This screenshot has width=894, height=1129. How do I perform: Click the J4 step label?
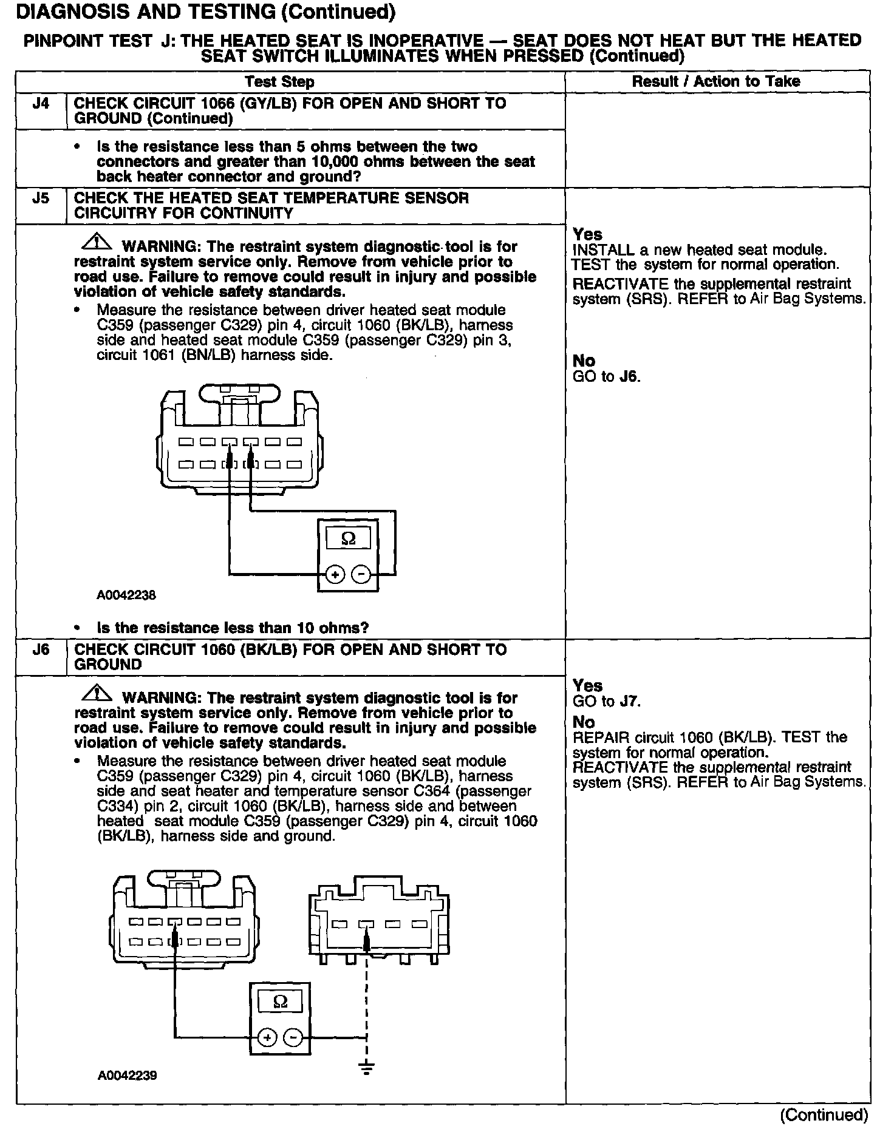[x=40, y=103]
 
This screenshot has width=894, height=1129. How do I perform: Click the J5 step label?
[x=40, y=198]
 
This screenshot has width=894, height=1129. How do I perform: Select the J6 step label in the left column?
[x=40, y=649]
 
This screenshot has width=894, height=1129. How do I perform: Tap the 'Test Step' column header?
[x=279, y=82]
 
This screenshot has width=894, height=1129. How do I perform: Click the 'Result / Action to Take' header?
[x=716, y=81]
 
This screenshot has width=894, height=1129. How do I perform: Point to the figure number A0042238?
[x=126, y=595]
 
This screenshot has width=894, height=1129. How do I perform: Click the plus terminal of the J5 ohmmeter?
[x=335, y=574]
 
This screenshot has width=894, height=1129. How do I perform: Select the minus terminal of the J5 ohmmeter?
[x=361, y=574]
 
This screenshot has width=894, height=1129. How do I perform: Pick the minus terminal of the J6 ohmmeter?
[x=294, y=1038]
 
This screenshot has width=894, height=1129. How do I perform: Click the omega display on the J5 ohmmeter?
[x=349, y=538]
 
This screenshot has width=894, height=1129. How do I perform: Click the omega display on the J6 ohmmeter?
[x=280, y=1002]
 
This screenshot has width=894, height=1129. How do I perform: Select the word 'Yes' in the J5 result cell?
[x=587, y=234]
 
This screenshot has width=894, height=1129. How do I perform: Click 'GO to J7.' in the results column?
[x=607, y=702]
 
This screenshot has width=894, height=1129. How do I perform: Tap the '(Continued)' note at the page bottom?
[x=824, y=1114]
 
